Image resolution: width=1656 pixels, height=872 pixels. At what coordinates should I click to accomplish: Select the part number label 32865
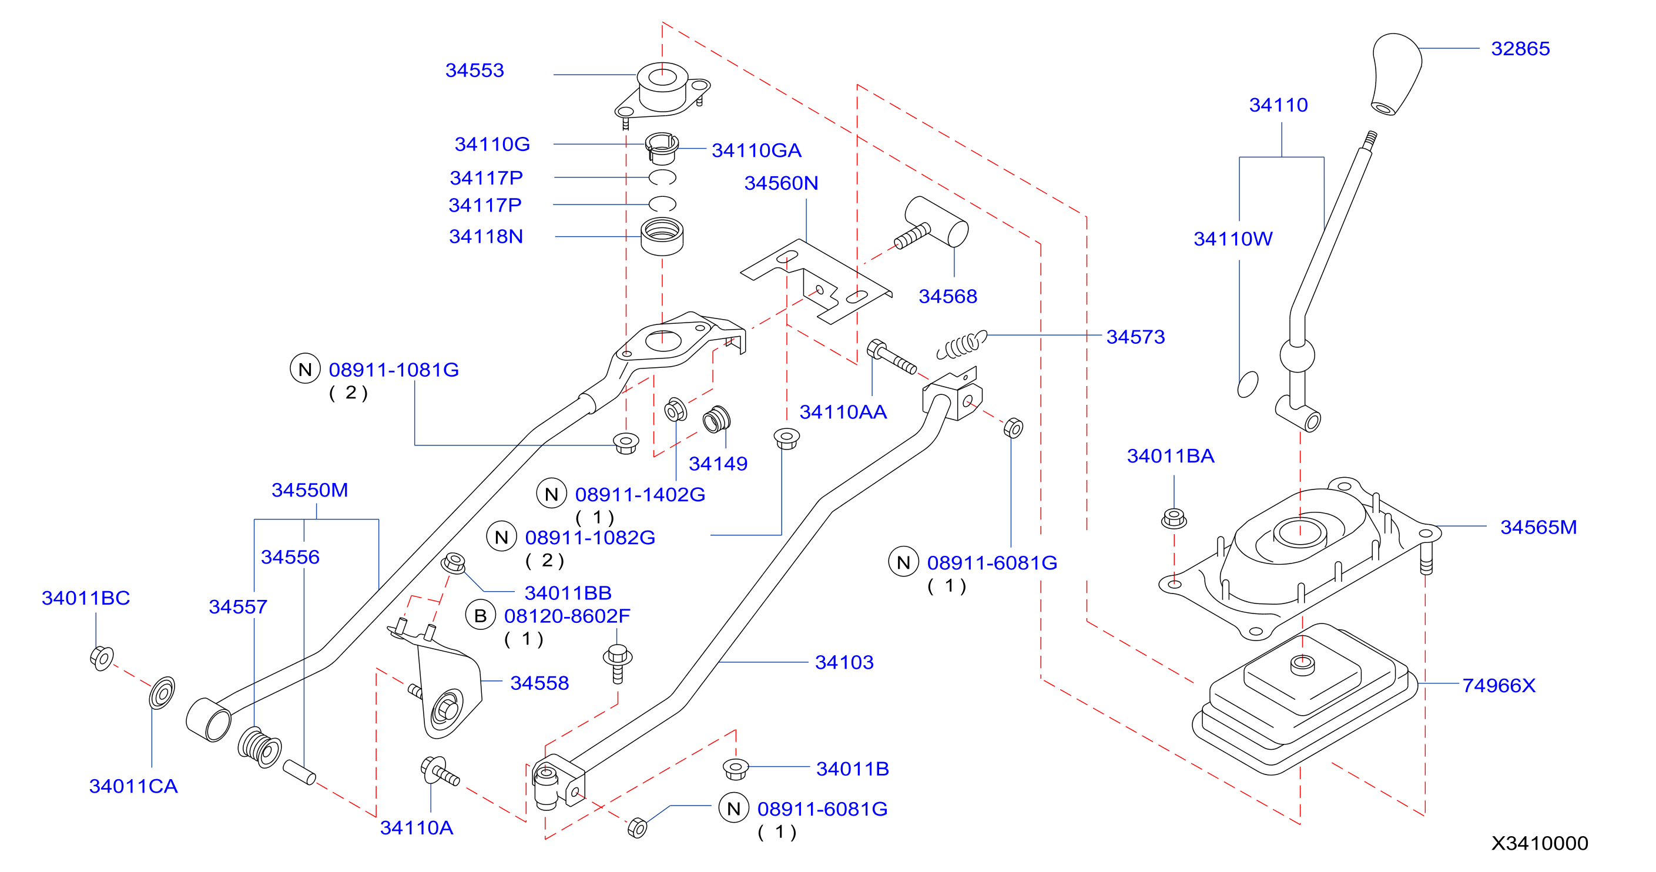pyautogui.click(x=1520, y=49)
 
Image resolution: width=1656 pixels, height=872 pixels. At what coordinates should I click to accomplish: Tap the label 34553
pyautogui.click(x=474, y=71)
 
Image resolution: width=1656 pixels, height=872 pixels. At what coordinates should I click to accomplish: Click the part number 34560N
pyautogui.click(x=781, y=184)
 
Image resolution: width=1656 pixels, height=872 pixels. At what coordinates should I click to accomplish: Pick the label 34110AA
pyautogui.click(x=843, y=412)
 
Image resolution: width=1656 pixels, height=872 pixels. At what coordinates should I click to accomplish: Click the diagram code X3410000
pyautogui.click(x=1540, y=843)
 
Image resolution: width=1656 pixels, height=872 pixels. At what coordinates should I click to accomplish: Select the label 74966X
pyautogui.click(x=1499, y=686)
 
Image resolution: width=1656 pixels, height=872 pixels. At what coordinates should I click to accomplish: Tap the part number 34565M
pyautogui.click(x=1538, y=528)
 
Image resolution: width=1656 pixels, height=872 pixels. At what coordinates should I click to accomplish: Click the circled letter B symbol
pyautogui.click(x=480, y=616)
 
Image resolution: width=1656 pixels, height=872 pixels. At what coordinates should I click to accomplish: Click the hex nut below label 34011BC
pyautogui.click(x=102, y=658)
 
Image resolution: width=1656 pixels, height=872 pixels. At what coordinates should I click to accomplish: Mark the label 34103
pyautogui.click(x=844, y=662)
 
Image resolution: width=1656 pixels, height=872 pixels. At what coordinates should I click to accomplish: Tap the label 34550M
pyautogui.click(x=310, y=490)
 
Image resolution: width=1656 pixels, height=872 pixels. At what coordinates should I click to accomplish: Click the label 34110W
pyautogui.click(x=1233, y=239)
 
